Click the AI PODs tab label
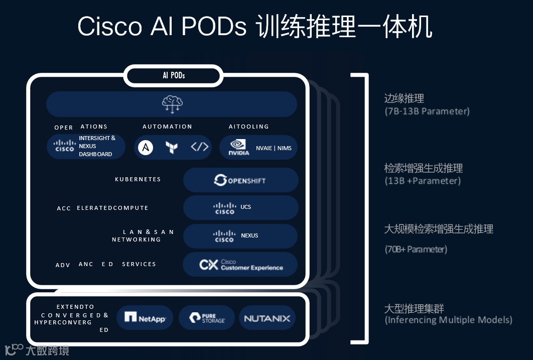coord(174,76)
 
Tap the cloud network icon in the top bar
coord(172,104)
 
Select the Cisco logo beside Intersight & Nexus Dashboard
coord(64,146)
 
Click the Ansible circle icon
coord(146,147)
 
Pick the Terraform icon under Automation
coord(172,147)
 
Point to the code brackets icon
coord(199,147)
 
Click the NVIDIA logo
coord(239,147)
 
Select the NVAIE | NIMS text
coord(274,148)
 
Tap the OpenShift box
coord(240,180)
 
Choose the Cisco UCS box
coord(240,208)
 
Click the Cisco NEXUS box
coord(240,236)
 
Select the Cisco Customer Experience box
coord(240,265)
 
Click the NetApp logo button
coord(145,318)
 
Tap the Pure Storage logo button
coord(207,318)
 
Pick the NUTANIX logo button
coord(267,318)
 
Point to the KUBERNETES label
coord(138,179)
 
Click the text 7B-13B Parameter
coord(427,111)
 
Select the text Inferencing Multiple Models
coord(449,320)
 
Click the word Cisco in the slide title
coord(110,27)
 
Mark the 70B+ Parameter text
coord(416,249)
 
